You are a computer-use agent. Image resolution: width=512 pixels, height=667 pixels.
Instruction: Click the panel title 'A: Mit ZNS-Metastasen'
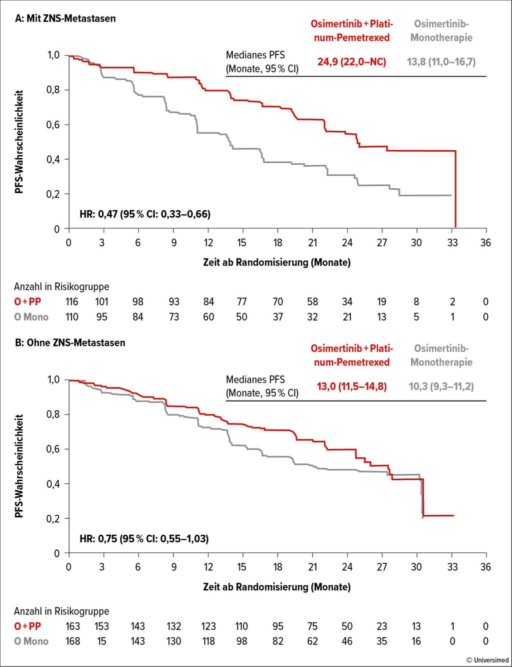tap(65, 19)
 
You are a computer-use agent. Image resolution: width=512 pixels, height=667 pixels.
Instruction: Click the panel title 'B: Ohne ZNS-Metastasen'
tap(70, 343)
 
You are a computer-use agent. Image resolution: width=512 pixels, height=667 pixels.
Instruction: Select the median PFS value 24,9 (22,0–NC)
tap(351, 62)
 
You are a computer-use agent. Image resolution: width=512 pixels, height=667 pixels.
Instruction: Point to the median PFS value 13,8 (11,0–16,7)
tap(441, 62)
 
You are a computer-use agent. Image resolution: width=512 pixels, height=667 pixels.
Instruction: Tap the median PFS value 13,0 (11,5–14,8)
tap(351, 387)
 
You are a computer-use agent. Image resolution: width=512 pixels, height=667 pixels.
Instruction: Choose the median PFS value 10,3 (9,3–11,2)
tap(441, 387)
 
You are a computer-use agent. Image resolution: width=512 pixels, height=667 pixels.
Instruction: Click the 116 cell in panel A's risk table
tap(72, 302)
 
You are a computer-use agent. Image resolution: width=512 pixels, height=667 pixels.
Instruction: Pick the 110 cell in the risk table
tap(72, 317)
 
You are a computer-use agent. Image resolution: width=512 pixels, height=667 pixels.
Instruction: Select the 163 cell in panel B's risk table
tap(72, 626)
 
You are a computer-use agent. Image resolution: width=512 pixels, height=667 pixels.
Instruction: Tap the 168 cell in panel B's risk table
tap(72, 641)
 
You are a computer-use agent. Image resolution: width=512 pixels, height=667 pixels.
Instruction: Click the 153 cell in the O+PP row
tap(102, 626)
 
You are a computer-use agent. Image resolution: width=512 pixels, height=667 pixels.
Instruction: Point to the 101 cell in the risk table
tap(102, 302)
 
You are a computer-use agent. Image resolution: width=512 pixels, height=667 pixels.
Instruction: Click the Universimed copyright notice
tap(487, 660)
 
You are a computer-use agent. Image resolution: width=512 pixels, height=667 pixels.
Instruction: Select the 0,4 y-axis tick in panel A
tap(53, 159)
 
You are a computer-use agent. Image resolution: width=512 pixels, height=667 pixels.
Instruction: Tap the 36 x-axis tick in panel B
tap(485, 567)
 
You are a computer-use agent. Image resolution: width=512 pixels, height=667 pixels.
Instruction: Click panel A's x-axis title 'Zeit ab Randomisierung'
tap(276, 262)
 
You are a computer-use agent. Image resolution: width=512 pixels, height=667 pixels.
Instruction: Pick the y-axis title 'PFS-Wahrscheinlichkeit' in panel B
tap(19, 466)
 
